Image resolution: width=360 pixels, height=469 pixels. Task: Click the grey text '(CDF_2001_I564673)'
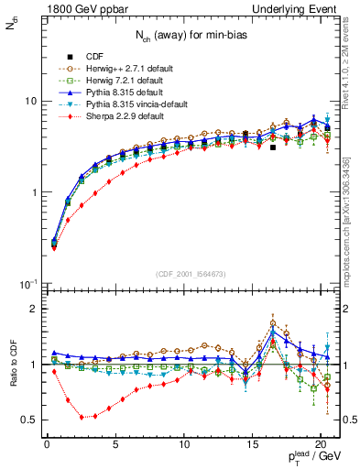coord(192,273)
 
